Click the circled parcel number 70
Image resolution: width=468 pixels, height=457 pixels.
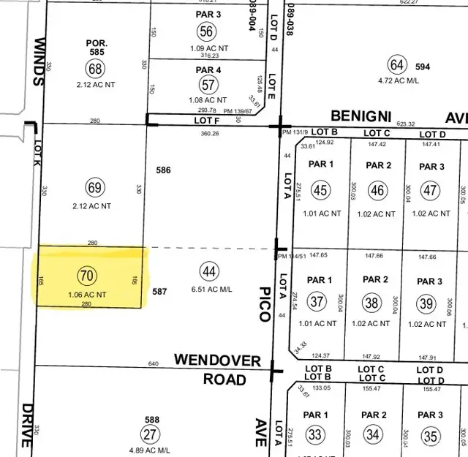[86, 276]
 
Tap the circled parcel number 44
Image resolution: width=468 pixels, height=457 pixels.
[210, 272]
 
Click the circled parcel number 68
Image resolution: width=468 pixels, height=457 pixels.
[95, 69]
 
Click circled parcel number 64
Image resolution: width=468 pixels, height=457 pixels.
[397, 65]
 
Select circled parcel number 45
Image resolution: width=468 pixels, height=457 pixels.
[320, 190]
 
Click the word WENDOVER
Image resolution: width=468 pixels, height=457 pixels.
[217, 360]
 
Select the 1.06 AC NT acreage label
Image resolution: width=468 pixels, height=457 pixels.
[88, 294]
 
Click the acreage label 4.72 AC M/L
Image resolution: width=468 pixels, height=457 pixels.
[398, 82]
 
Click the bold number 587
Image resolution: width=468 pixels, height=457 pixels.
[160, 292]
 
